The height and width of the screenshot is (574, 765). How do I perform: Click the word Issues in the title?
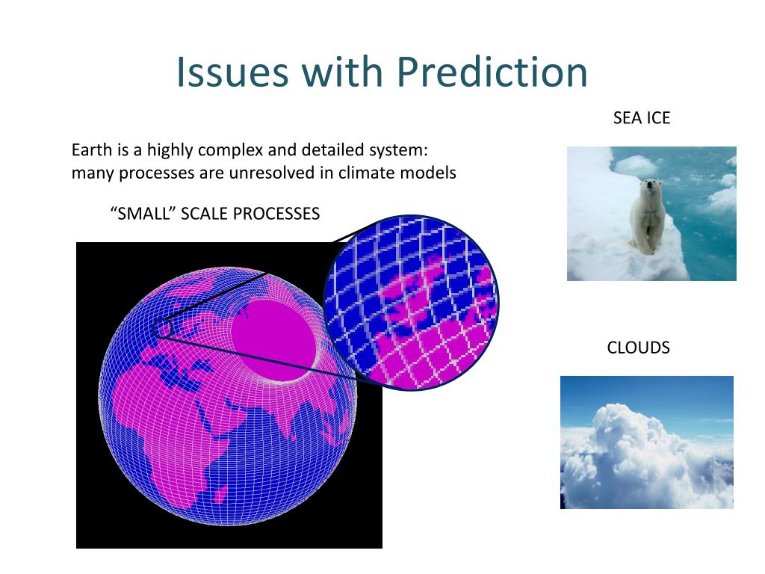(x=232, y=72)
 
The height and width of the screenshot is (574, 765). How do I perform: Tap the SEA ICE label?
(x=642, y=117)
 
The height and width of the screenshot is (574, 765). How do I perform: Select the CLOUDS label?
(x=638, y=348)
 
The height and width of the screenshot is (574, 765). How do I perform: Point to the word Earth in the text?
(x=92, y=149)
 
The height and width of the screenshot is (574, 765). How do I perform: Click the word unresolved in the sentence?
(x=272, y=173)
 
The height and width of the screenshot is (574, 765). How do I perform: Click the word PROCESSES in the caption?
(x=276, y=214)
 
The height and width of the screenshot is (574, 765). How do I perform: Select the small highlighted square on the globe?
(x=162, y=327)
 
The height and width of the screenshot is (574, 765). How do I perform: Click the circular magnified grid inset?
(x=412, y=303)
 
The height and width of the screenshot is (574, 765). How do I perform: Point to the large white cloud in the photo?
(x=644, y=454)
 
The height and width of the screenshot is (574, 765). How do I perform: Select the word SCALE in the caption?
(x=204, y=214)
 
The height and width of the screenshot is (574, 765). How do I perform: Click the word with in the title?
(x=342, y=72)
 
